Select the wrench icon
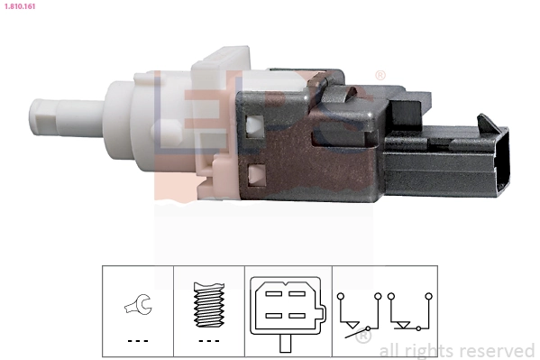pyautogui.click(x=137, y=308)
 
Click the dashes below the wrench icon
pyautogui.click(x=137, y=340)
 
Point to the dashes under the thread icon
pyautogui.click(x=208, y=340)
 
